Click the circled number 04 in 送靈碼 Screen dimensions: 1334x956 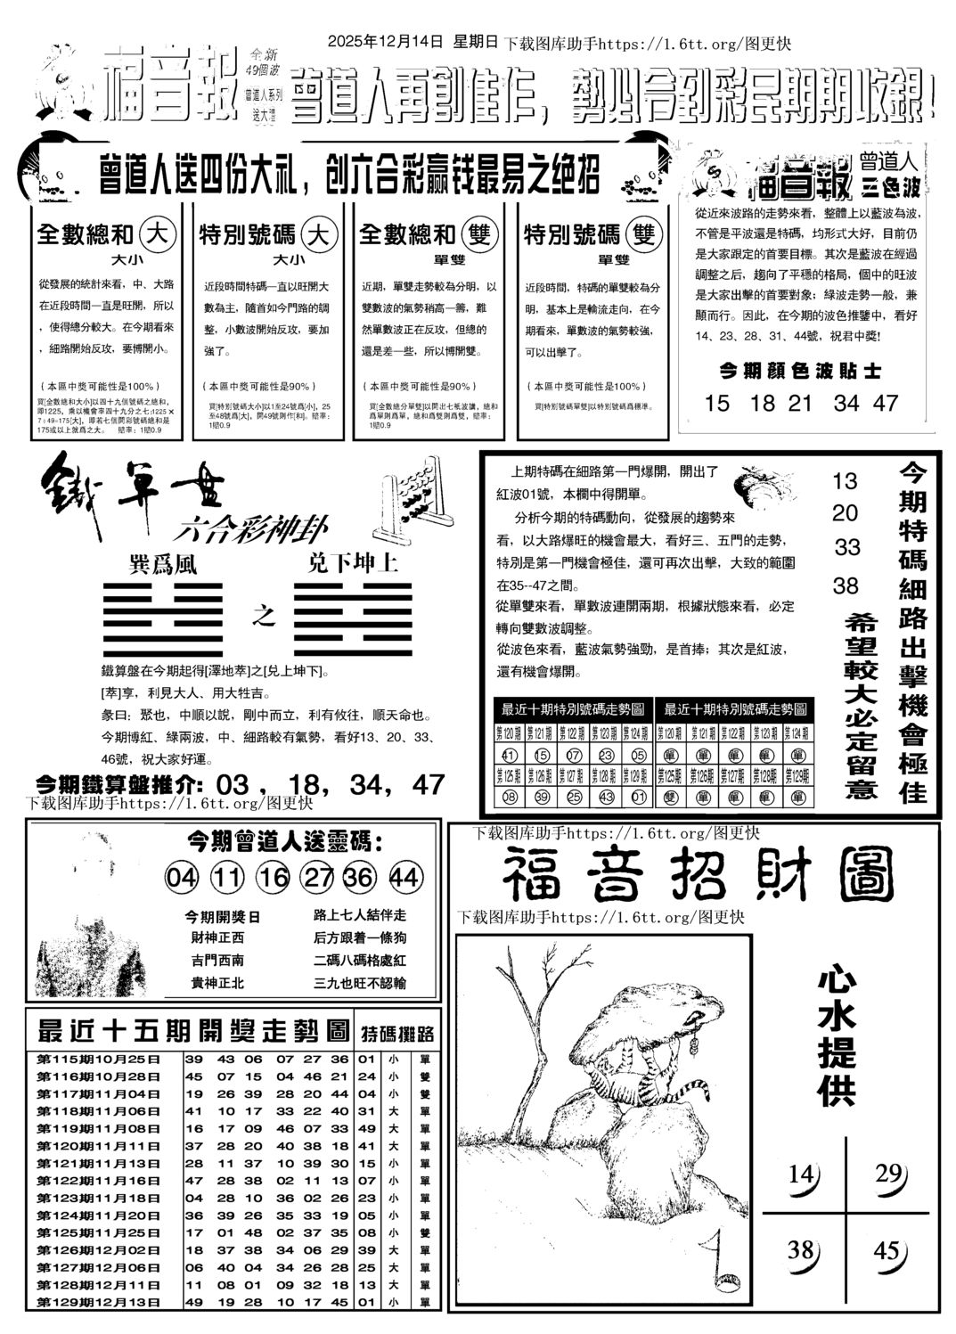click(x=181, y=878)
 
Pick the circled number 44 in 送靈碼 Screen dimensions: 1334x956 click(x=404, y=878)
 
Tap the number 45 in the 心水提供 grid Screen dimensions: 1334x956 click(x=887, y=1252)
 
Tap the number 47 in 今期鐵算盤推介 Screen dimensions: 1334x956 click(x=429, y=784)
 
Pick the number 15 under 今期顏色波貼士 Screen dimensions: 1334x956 click(x=716, y=403)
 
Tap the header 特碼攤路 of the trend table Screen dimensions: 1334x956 click(x=397, y=1034)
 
